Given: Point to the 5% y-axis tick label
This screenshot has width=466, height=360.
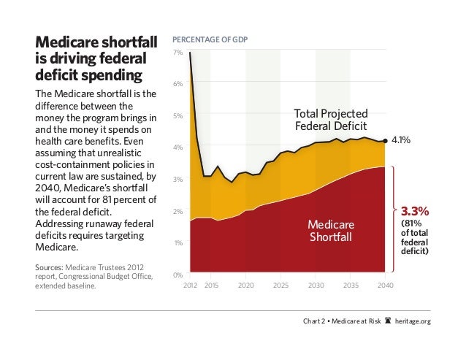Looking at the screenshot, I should coord(177,116).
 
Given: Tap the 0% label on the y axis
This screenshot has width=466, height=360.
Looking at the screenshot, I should coord(177,275).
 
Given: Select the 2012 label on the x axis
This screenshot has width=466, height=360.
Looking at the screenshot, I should coord(190,285).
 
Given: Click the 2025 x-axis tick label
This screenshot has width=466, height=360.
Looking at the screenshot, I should coord(281,285).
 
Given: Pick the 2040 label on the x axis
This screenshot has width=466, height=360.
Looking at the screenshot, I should coord(385,285).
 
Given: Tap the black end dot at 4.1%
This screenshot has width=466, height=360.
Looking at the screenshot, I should coord(385,139).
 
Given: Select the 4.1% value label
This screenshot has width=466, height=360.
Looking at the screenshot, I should coord(403,139).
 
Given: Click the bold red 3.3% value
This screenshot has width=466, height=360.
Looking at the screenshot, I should coord(414,211).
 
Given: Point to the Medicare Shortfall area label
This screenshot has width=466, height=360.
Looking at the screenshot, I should coord(330,231).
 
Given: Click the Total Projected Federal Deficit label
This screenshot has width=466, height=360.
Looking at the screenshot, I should coord(330,119).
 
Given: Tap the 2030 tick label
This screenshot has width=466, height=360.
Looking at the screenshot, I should coord(316,285).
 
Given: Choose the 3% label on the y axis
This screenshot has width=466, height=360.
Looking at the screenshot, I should coord(177,180).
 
